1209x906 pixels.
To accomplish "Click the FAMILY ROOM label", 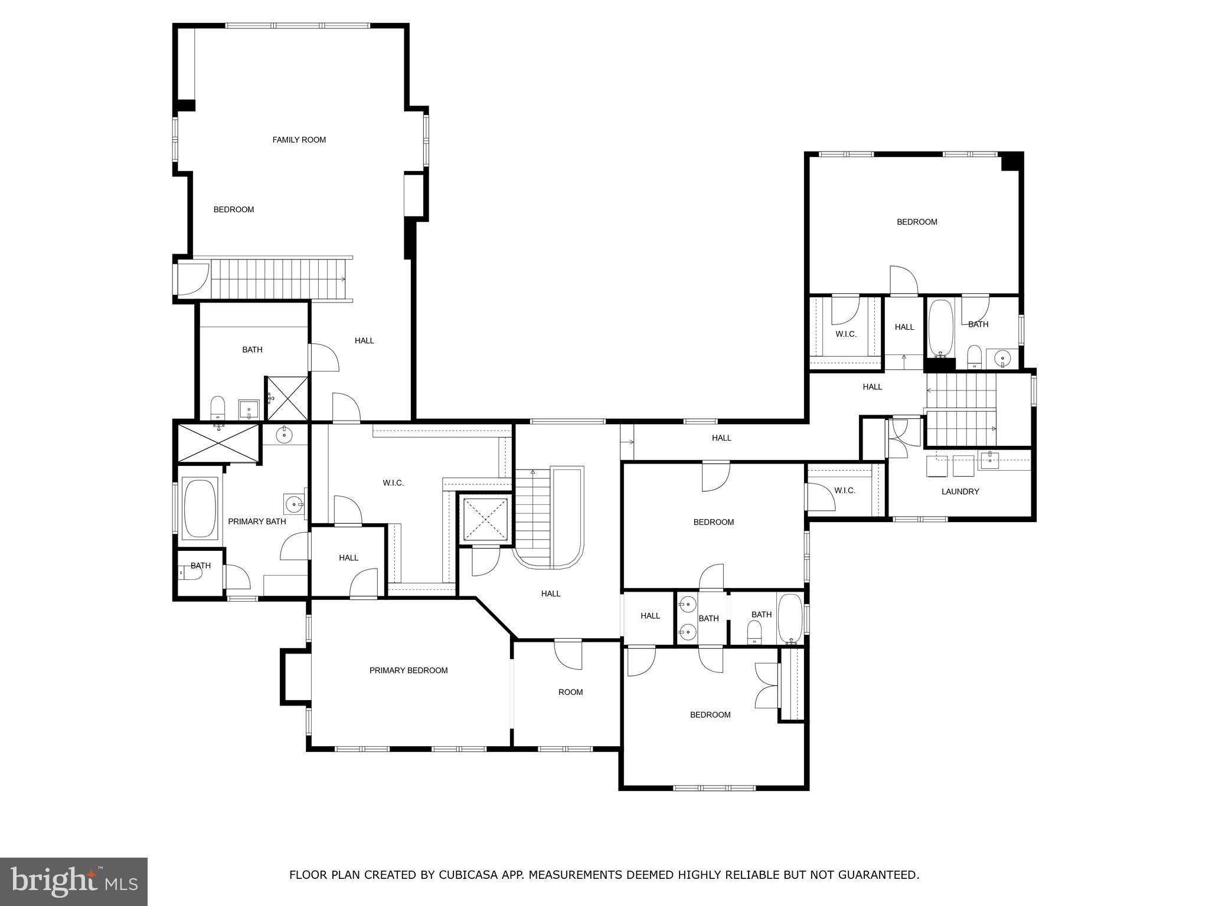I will coord(299,140).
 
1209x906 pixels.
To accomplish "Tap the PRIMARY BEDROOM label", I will coord(409,670).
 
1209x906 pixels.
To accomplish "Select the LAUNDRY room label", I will coord(960,491).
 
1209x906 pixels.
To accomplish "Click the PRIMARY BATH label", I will coord(257,521).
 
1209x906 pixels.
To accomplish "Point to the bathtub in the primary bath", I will coord(200,508).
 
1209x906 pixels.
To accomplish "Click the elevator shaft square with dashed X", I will coord(485,519).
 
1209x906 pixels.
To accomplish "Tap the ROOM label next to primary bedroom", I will coord(570,692).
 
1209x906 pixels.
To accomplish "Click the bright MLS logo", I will coord(74,881).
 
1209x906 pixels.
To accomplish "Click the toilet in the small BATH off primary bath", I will coord(188,572).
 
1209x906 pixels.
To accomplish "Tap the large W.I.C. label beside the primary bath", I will coord(393,483).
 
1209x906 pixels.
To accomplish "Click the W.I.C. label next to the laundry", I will coord(844,491).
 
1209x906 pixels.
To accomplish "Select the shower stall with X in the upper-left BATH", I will coord(287,399).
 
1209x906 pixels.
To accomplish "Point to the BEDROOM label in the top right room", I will coord(917,222).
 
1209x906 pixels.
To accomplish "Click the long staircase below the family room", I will coord(277,278).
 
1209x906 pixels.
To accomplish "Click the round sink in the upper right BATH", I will coord(1002,357).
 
